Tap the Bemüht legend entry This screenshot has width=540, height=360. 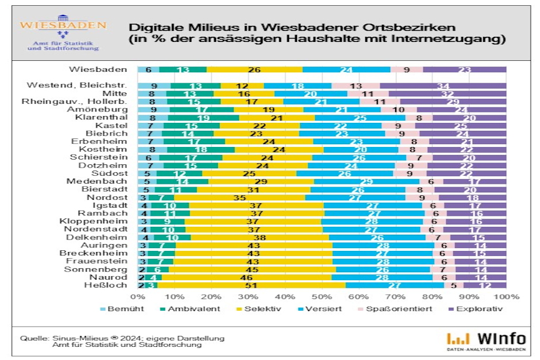pos(120,309)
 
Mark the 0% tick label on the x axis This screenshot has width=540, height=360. pos(138,297)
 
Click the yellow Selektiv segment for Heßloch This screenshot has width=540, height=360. pos(250,285)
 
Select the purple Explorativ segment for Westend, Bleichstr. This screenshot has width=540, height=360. pos(443,86)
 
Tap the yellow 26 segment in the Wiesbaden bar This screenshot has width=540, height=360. pos(254,69)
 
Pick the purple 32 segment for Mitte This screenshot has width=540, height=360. pos(448,94)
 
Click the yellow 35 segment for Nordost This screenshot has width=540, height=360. pos(240,197)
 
